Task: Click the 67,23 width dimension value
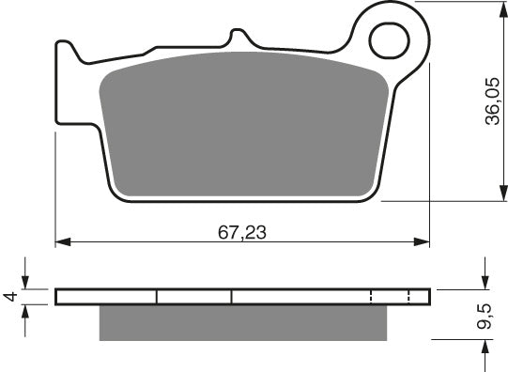point(241,232)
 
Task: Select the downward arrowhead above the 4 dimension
point(25,284)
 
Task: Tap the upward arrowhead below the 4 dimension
point(25,311)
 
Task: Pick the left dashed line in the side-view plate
point(372,297)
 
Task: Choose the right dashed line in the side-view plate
point(410,297)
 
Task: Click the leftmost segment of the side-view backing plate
point(105,297)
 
